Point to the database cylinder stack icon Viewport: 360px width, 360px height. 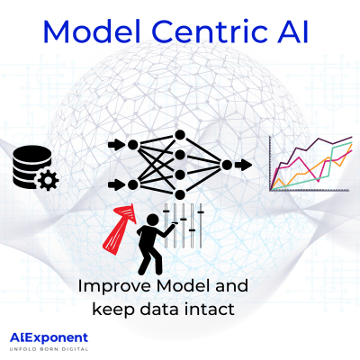coord(30,167)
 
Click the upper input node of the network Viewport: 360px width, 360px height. coord(133,144)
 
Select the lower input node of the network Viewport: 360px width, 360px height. coord(133,185)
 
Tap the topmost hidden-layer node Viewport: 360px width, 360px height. coord(180,135)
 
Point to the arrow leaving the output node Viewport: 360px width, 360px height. coord(245,165)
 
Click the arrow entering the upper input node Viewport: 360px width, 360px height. coord(115,144)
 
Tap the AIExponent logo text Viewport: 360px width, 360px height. coord(49,337)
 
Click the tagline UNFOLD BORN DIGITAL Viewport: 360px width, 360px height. coord(49,349)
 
